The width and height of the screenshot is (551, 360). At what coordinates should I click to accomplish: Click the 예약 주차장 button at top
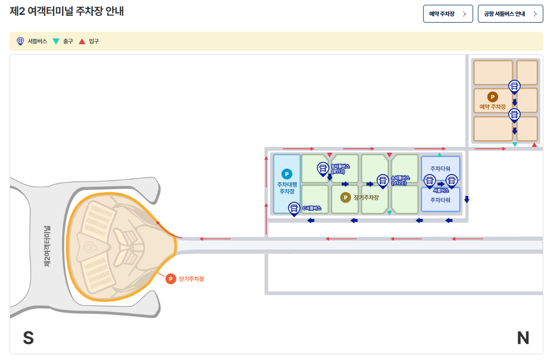click(448, 14)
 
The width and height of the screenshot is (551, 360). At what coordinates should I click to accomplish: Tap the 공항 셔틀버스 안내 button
click(510, 14)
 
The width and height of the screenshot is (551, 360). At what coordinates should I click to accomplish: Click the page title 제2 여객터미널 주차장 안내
click(67, 12)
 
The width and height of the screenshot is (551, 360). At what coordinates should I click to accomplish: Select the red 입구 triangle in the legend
click(82, 41)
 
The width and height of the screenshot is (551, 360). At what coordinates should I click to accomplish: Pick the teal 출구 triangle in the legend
click(56, 41)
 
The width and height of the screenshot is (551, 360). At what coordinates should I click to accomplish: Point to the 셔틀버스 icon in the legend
click(20, 41)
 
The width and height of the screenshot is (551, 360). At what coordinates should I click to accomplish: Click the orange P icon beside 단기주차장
click(171, 279)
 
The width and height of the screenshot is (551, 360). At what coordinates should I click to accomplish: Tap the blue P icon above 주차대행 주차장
click(287, 174)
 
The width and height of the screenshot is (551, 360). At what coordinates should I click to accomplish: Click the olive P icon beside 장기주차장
click(345, 198)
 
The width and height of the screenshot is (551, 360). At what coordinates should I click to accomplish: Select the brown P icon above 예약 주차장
click(492, 97)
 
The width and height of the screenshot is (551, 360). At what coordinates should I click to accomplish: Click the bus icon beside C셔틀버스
click(293, 208)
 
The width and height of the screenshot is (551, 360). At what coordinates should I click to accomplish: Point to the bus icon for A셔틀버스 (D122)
click(383, 180)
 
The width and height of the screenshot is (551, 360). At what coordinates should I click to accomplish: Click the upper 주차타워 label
click(440, 169)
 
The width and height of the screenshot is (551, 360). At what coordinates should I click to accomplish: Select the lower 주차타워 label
click(440, 200)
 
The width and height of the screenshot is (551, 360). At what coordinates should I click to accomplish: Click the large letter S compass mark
click(28, 338)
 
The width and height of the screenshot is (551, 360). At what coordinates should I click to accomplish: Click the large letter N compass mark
click(523, 338)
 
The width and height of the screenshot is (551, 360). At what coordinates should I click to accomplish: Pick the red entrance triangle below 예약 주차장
click(534, 145)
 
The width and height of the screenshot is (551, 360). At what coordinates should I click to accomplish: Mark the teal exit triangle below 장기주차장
click(389, 212)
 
